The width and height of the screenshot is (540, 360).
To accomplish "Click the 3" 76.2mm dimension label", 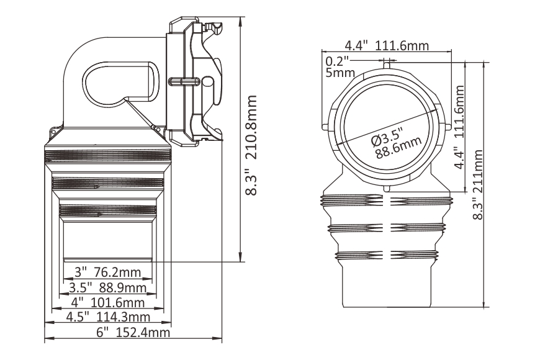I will tap(107, 272).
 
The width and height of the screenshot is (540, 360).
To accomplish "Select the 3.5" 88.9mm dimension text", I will tap(107, 288).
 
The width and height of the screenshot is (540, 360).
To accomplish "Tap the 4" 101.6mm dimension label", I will tap(107, 303).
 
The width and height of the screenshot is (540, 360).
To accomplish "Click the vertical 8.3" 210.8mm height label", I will tap(252, 146).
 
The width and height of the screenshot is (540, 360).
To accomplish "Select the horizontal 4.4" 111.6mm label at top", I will tap(389, 46).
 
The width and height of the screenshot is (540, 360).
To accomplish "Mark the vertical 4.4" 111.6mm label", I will tap(460, 127).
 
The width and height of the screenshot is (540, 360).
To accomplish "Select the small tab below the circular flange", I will tap(387, 187).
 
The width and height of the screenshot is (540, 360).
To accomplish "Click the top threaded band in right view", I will tap(387, 200).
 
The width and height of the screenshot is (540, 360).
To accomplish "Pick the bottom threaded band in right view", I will tap(387, 254).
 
